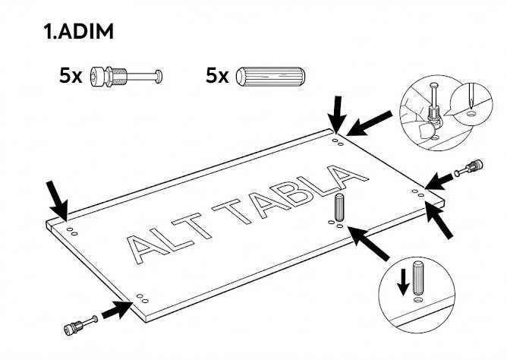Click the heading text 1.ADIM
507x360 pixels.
[80, 33]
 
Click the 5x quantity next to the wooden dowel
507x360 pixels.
[217, 77]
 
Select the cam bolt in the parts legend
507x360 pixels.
[126, 77]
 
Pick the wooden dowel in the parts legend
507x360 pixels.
[269, 77]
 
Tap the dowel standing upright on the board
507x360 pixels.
[339, 207]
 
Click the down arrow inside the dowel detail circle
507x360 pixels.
[403, 283]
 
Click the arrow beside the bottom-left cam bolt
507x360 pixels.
[115, 310]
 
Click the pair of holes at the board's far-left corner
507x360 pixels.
[71, 229]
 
